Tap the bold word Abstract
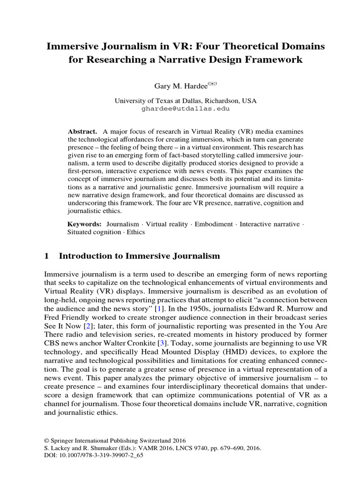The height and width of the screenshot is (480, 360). [82, 131]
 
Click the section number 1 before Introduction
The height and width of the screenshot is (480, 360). [46, 256]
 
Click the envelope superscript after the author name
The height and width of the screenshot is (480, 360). [199, 83]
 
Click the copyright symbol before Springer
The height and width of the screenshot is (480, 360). [46, 441]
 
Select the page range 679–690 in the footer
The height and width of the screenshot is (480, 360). [225, 448]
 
